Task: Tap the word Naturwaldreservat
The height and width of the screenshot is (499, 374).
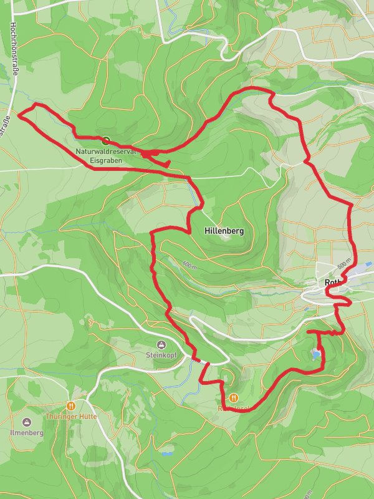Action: tap(100, 151)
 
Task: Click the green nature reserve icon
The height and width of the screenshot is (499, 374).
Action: tap(106, 141)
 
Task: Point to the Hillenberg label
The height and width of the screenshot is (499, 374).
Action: tap(224, 231)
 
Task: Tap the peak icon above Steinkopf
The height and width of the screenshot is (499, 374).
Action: tap(161, 345)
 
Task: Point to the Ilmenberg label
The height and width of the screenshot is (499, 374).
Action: tap(26, 432)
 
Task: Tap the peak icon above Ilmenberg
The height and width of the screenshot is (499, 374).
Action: tap(26, 421)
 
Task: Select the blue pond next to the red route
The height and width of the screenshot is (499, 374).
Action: tap(317, 355)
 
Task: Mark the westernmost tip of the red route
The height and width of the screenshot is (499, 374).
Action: tap(17, 115)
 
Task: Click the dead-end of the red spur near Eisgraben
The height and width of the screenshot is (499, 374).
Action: tap(169, 164)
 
